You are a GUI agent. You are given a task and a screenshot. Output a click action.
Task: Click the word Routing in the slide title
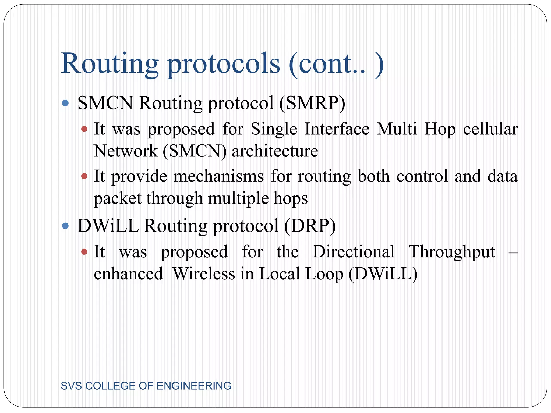pyautogui.click(x=110, y=63)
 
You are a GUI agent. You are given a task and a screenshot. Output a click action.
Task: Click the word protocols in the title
pyautogui.click(x=224, y=65)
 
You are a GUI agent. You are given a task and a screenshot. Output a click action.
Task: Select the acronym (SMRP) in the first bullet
pyautogui.click(x=312, y=103)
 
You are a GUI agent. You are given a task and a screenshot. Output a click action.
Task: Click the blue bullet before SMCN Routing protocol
pyautogui.click(x=65, y=103)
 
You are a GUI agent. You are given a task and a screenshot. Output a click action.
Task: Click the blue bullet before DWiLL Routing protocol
pyautogui.click(x=65, y=226)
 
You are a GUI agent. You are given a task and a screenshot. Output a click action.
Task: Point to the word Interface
pyautogui.click(x=337, y=129)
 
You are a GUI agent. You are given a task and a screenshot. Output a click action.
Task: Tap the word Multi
pyautogui.click(x=397, y=129)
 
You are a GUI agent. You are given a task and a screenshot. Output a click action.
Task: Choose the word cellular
pyautogui.click(x=490, y=129)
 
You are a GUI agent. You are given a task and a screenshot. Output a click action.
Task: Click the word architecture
pyautogui.click(x=275, y=151)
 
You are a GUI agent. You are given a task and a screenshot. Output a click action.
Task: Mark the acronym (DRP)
pyautogui.click(x=310, y=226)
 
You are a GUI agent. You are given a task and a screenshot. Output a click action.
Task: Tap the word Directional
pyautogui.click(x=354, y=252)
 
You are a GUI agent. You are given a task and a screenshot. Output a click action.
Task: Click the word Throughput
pyautogui.click(x=452, y=252)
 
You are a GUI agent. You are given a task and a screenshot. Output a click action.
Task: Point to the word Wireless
pyautogui.click(x=204, y=274)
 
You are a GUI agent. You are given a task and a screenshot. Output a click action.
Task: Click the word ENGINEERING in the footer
pyautogui.click(x=194, y=386)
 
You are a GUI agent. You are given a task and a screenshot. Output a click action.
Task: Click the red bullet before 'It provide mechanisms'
pyautogui.click(x=84, y=176)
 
